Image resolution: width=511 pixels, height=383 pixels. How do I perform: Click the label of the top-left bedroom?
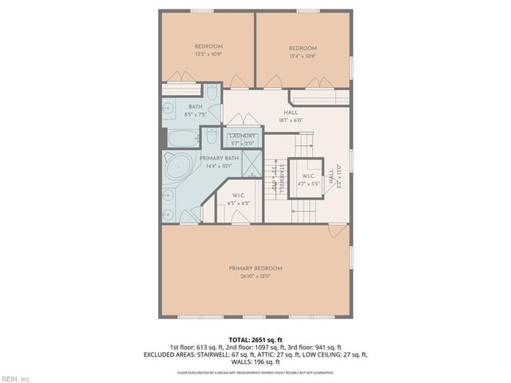click(207, 46)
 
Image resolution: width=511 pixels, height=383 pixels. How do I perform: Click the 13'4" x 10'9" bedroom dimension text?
click(303, 57)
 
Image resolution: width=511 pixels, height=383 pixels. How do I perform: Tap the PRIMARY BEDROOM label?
click(255, 268)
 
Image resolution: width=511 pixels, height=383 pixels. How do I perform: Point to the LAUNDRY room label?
click(242, 136)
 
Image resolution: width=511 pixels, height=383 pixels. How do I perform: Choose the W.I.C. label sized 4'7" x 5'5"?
click(307, 176)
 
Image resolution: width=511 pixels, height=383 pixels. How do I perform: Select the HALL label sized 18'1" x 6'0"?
click(292, 113)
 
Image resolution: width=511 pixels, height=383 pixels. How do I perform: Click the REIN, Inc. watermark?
click(15, 377)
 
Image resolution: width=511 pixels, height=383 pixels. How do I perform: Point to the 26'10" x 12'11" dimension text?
click(255, 276)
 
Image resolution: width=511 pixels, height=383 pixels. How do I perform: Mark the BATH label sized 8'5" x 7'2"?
click(195, 107)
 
